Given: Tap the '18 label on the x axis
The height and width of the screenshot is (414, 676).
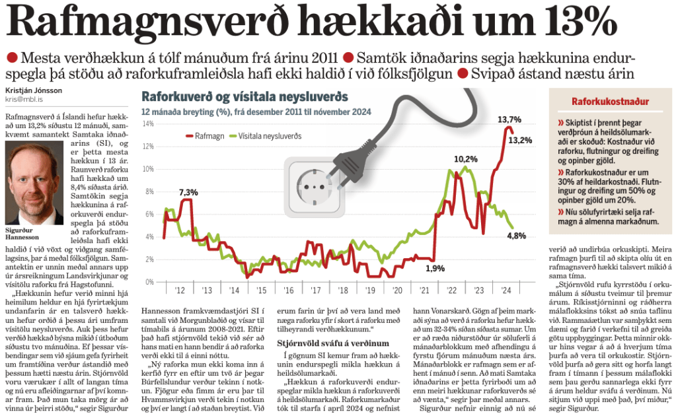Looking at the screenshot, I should (343, 291).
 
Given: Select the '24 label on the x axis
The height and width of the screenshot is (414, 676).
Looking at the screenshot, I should (506, 291).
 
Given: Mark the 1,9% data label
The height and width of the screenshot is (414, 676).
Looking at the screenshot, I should (434, 268).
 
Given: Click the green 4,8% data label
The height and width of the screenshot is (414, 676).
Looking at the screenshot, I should (516, 236).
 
